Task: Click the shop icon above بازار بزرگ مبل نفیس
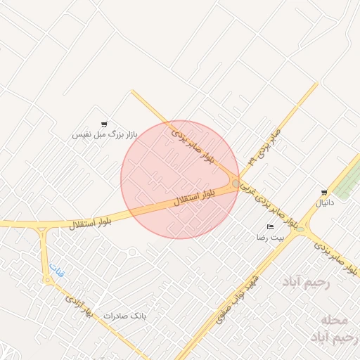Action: tap(104, 124)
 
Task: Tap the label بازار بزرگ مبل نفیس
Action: tap(105, 134)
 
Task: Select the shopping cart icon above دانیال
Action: tap(323, 192)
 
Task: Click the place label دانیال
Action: tap(325, 202)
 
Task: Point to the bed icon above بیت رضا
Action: tap(271, 226)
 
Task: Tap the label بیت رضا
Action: tap(271, 238)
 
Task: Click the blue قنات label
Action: tap(56, 270)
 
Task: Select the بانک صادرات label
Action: tap(124, 316)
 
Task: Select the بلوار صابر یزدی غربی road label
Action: tap(267, 206)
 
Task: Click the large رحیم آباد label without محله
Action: tap(306, 282)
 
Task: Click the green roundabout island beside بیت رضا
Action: tap(301, 229)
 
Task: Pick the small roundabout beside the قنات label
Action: tap(48, 280)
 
